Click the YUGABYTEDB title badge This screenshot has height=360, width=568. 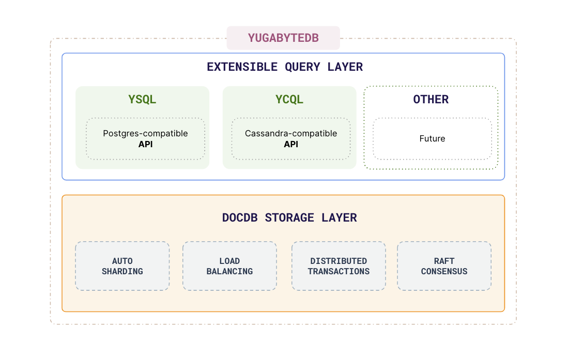pyautogui.click(x=283, y=38)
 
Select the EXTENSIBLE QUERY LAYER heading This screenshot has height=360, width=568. pyautogui.click(x=284, y=67)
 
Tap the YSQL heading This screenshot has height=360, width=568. pyautogui.click(x=142, y=99)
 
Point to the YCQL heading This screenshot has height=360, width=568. pyautogui.click(x=289, y=99)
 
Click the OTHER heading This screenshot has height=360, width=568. pyautogui.click(x=431, y=99)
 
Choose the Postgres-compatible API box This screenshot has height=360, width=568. pyautogui.click(x=145, y=139)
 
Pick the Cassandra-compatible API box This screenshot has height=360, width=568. pyautogui.click(x=290, y=139)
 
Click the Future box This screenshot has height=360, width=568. pyautogui.click(x=432, y=139)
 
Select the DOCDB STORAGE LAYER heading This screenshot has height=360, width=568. pyautogui.click(x=289, y=217)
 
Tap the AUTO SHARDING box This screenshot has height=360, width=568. pyautogui.click(x=122, y=266)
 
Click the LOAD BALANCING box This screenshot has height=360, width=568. pyautogui.click(x=229, y=266)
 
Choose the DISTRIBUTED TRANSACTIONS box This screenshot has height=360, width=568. pyautogui.click(x=339, y=266)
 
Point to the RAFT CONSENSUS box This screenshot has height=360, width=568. pyautogui.click(x=444, y=266)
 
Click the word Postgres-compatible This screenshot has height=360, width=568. pyautogui.click(x=145, y=133)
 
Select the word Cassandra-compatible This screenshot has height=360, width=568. pyautogui.click(x=290, y=133)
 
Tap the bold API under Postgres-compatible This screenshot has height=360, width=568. pyautogui.click(x=145, y=145)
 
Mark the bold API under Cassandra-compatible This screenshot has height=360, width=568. pyautogui.click(x=291, y=145)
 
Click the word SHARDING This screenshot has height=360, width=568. pyautogui.click(x=122, y=272)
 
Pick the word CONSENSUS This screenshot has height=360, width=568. pyautogui.click(x=444, y=272)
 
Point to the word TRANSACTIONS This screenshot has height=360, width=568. pyautogui.click(x=339, y=272)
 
